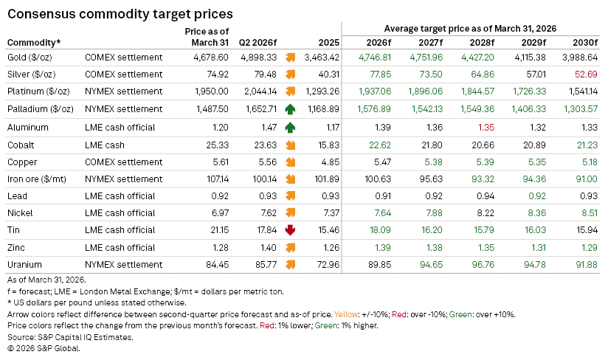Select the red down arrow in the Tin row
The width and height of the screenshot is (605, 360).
tap(290, 229)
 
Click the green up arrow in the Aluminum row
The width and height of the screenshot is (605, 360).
tap(290, 126)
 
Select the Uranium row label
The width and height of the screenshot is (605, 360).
tap(25, 264)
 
